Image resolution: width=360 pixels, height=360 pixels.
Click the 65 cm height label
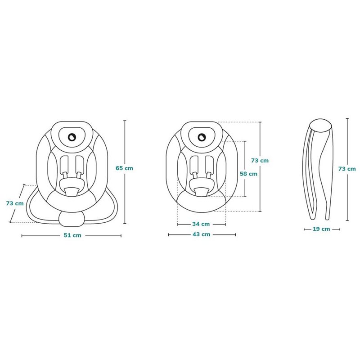(124, 168)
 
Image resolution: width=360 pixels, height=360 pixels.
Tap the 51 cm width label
(72, 235)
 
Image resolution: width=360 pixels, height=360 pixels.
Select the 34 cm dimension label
(201, 224)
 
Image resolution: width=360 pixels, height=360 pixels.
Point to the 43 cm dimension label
(201, 234)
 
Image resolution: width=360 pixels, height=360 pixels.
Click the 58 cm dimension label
(249, 174)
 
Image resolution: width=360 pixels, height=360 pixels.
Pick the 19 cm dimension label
(321, 229)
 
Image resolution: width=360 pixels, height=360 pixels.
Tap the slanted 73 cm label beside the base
(15, 203)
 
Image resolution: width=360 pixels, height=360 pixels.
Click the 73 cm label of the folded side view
(347, 169)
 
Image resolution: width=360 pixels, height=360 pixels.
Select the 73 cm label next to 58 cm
(260, 161)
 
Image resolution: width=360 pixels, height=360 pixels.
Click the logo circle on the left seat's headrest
(72, 137)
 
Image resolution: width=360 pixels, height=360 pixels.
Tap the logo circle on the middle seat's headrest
(202, 138)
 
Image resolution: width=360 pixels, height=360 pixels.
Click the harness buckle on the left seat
(72, 192)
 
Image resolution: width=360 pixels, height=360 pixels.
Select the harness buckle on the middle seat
(202, 192)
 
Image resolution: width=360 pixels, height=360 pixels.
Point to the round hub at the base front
(72, 218)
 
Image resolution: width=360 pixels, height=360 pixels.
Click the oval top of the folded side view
(321, 126)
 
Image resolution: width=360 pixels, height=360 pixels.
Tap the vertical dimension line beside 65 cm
(125, 172)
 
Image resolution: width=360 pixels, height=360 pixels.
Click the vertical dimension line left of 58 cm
(245, 169)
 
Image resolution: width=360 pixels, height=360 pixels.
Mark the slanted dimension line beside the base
(17, 203)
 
